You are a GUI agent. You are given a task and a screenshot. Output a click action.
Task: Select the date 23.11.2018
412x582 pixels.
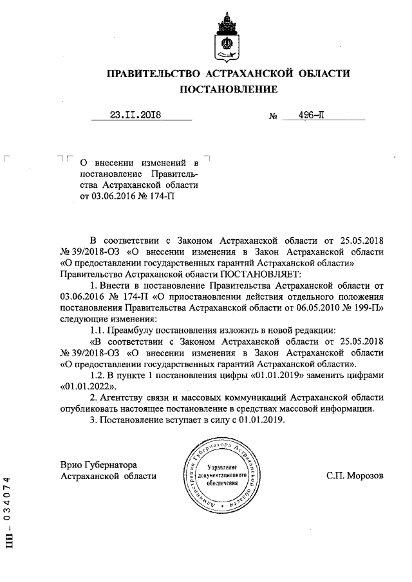pos(135,116)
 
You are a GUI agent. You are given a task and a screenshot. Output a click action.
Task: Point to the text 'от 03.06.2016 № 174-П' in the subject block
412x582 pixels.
pos(127,197)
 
